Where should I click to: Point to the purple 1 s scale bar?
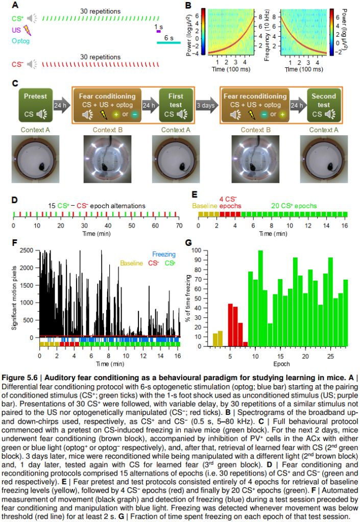click(159, 32)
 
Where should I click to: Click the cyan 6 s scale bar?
click(168, 43)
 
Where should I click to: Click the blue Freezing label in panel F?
click(164, 254)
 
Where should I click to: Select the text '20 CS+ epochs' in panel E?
click(294, 206)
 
